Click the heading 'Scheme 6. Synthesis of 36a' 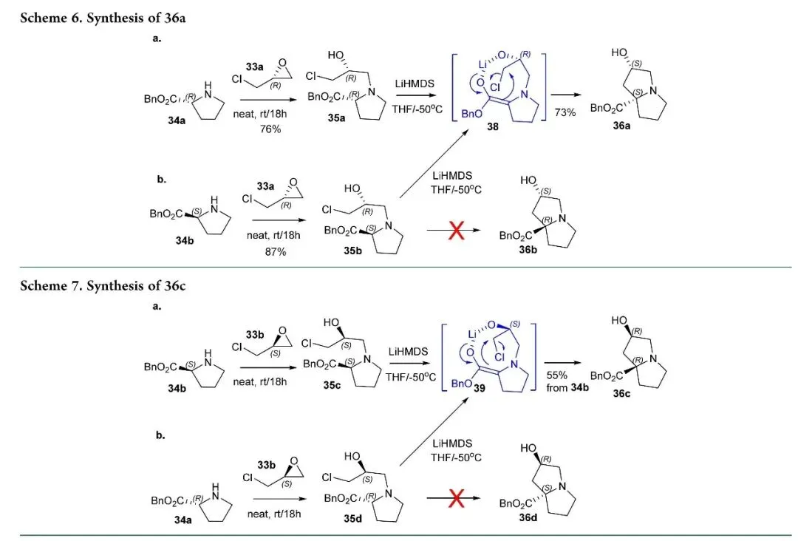click(x=103, y=18)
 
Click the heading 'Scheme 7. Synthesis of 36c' click(x=103, y=285)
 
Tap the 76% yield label click(x=270, y=129)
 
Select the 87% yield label click(x=276, y=252)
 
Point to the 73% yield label click(x=565, y=112)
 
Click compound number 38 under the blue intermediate click(x=493, y=126)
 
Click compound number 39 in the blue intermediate click(x=480, y=388)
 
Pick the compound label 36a click(x=621, y=125)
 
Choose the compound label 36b click(x=528, y=249)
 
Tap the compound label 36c click(x=621, y=393)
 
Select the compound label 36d click(x=528, y=517)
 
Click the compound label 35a click(x=336, y=118)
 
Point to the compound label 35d click(x=352, y=519)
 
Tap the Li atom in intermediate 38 click(x=483, y=64)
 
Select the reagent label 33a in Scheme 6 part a click(x=254, y=67)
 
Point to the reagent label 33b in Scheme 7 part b click(x=266, y=465)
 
